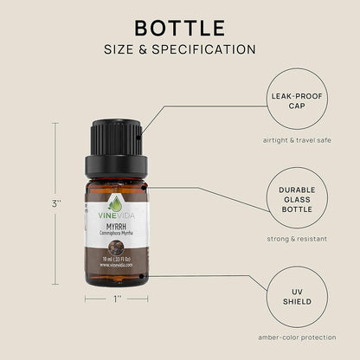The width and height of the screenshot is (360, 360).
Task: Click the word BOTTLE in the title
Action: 180,28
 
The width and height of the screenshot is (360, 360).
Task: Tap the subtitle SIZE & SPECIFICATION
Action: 180,49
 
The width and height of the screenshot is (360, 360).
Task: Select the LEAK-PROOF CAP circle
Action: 298,99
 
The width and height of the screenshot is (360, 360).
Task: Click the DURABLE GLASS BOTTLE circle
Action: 298,197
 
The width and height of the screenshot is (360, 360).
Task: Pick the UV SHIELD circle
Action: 298,296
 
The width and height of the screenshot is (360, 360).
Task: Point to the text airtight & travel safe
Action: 298,140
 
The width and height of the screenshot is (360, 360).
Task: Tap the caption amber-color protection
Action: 298,337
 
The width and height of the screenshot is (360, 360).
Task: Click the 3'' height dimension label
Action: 56,204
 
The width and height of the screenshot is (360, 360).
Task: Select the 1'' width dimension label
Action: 115,299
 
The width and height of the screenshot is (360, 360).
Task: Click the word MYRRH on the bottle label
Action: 116,227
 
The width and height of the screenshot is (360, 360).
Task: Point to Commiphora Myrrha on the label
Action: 116,235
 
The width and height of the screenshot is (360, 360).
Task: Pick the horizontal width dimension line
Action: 95,299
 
